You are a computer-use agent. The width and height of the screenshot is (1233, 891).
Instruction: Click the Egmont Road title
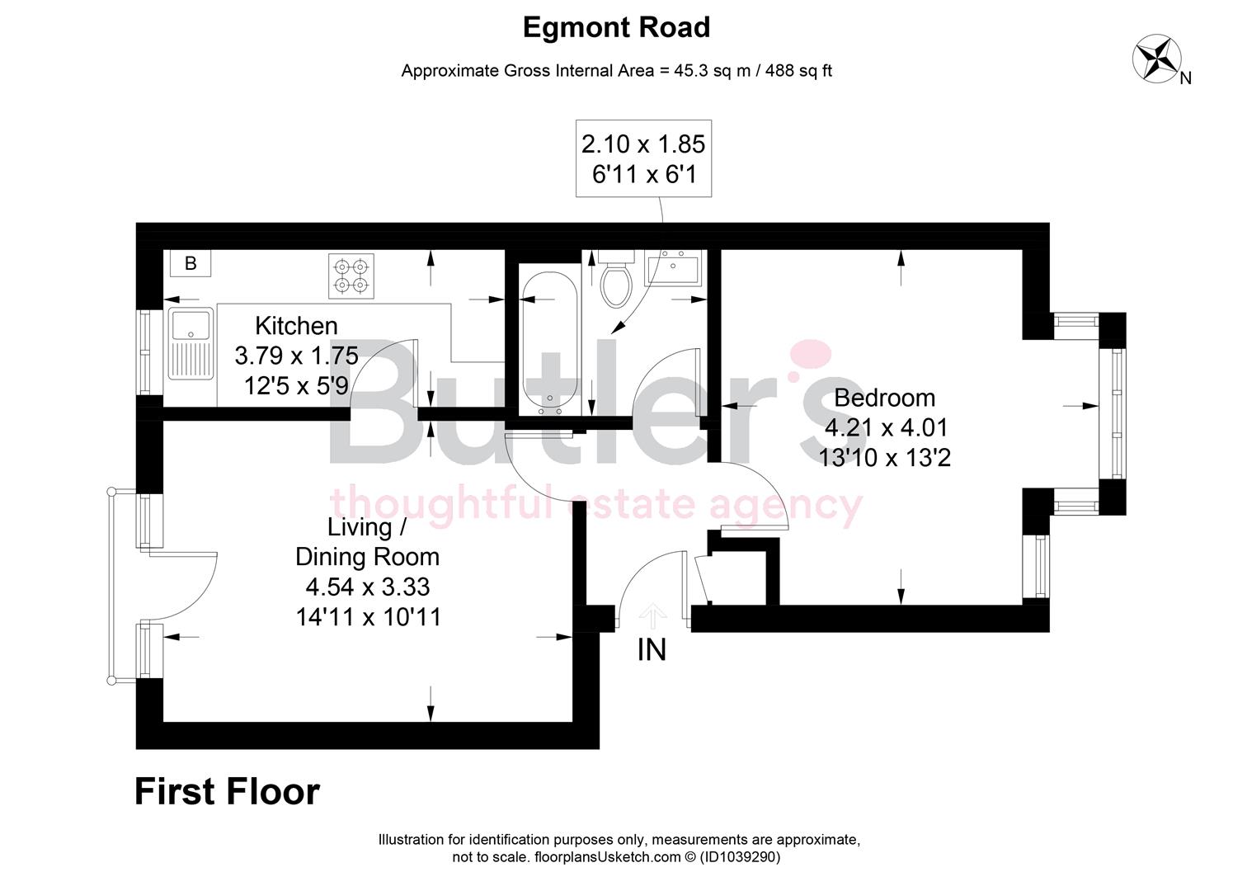pyautogui.click(x=616, y=28)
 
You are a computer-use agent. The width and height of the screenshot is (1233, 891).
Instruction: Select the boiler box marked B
pyautogui.click(x=191, y=263)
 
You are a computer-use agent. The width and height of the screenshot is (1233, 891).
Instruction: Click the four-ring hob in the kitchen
pyautogui.click(x=352, y=276)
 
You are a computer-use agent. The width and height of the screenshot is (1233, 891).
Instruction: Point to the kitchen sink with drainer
pyautogui.click(x=191, y=343)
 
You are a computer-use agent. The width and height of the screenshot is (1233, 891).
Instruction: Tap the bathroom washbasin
pyautogui.click(x=672, y=268)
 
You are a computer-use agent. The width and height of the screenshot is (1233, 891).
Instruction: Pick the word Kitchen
pyautogui.click(x=296, y=325)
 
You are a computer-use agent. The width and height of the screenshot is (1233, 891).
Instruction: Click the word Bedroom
pyautogui.click(x=884, y=398)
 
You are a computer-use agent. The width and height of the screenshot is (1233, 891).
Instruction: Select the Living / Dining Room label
pyautogui.click(x=367, y=541)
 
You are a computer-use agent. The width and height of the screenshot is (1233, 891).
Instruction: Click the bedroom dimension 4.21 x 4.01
pyautogui.click(x=887, y=427)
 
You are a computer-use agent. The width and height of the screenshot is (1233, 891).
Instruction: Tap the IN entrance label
pyautogui.click(x=652, y=650)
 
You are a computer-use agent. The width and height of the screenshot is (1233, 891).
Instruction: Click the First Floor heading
pyautogui.click(x=227, y=792)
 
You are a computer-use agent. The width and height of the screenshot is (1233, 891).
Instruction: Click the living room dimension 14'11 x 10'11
pyautogui.click(x=368, y=616)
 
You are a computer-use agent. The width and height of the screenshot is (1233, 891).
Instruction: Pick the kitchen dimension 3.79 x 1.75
pyautogui.click(x=296, y=356)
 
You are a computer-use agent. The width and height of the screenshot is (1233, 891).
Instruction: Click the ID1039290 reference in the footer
pyautogui.click(x=740, y=857)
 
